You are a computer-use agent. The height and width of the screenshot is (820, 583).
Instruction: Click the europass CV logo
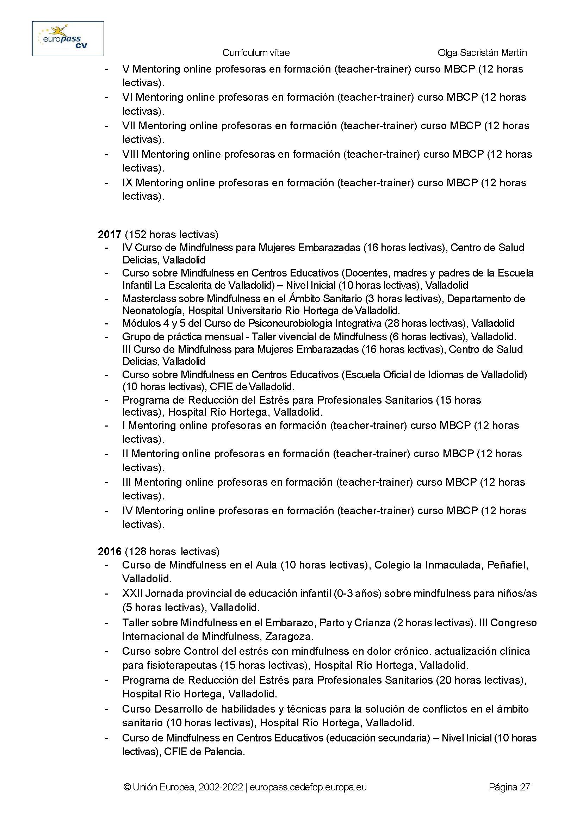coord(68,38)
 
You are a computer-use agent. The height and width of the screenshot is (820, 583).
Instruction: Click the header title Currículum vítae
coord(256,53)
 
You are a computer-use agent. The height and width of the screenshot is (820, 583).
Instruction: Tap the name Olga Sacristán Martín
coord(482,53)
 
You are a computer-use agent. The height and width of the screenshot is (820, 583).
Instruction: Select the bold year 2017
coord(110,235)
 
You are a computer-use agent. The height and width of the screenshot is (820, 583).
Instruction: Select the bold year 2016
coord(110,551)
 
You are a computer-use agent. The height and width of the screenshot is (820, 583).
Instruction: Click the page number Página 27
coord(509,787)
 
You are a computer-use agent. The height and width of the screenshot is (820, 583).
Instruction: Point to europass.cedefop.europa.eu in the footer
coord(308,787)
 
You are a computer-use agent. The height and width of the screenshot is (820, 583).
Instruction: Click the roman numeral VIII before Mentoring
coord(130,154)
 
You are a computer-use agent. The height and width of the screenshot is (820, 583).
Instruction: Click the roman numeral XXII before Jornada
coord(132,594)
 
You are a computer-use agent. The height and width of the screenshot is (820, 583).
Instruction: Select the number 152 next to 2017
coord(137,235)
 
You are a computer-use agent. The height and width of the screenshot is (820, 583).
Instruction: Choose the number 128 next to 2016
coord(137,551)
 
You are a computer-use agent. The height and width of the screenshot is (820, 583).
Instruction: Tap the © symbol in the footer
coord(127,787)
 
